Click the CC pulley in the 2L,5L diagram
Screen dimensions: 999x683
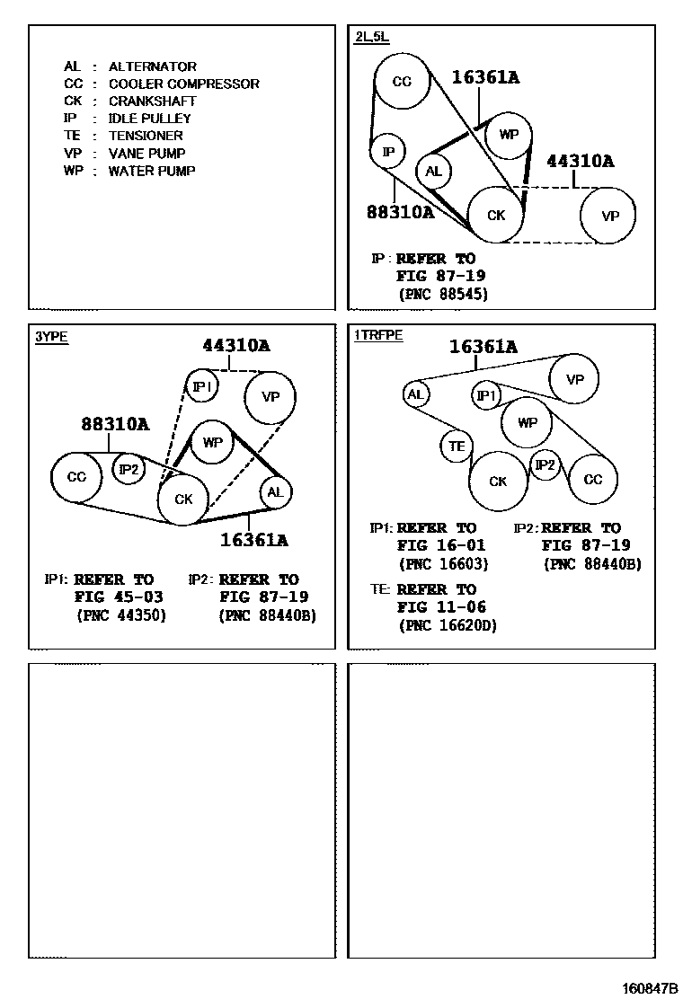402,82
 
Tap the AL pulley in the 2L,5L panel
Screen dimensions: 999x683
433,172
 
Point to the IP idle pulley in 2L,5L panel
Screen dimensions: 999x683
388,152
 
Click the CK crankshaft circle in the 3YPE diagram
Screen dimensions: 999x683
183,499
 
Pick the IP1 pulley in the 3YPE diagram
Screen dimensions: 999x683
202,386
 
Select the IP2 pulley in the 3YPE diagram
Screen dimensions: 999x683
129,469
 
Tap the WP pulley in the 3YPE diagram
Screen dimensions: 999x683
212,443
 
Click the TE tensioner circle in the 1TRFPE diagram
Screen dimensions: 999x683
457,446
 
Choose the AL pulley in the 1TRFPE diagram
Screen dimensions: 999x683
414,393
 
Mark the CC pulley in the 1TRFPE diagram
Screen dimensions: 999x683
593,480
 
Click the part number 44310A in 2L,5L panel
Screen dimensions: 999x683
581,162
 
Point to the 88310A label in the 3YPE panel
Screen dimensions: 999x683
115,424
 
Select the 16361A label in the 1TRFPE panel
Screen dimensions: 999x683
483,346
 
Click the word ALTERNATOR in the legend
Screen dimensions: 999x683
152,66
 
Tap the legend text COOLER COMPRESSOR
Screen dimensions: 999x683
183,84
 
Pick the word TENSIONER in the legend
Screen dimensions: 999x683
145,136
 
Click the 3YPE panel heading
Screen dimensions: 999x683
51,337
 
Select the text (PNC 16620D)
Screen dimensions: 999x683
447,625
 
